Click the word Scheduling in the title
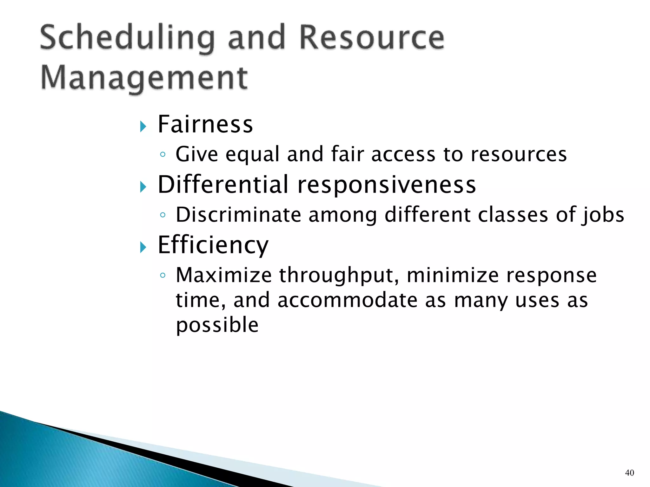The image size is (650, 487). click(127, 39)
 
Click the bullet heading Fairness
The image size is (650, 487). click(205, 124)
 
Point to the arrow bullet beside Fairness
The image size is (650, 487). click(143, 127)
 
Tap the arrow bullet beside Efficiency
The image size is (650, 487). click(143, 247)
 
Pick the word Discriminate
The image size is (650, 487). click(238, 215)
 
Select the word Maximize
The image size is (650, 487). click(224, 275)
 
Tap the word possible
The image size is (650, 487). click(217, 326)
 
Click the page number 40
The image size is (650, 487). click(629, 473)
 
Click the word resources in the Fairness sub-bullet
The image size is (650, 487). click(519, 154)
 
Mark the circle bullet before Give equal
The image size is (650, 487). click(163, 154)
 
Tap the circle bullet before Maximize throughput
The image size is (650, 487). click(163, 275)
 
